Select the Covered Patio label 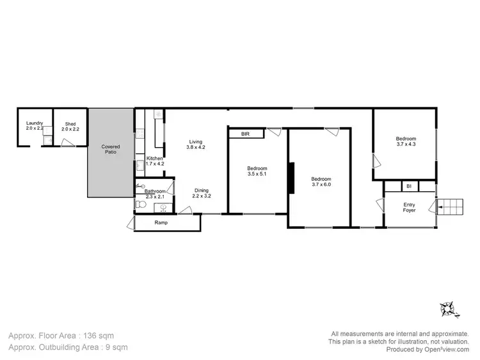tap(111, 150)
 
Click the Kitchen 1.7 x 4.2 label tap(156, 161)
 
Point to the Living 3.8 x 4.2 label tap(195, 145)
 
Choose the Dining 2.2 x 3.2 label tap(201, 193)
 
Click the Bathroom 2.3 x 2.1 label tap(155, 194)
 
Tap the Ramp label tap(161, 223)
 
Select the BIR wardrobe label tap(245, 134)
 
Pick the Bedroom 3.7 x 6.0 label tap(321, 182)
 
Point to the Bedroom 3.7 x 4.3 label tap(406, 142)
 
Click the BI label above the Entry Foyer tap(408, 186)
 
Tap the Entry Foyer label tap(409, 208)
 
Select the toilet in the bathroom tap(140, 205)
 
